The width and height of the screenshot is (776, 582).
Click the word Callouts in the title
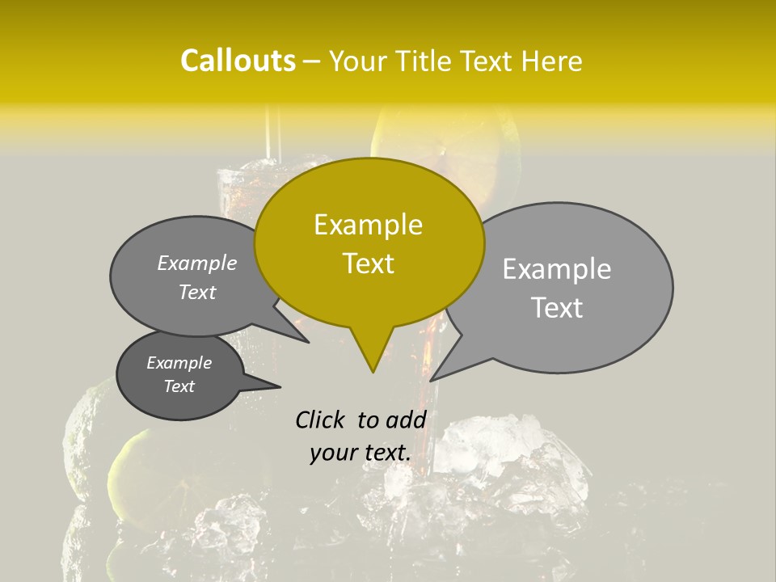click(238, 61)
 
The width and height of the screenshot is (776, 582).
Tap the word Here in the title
click(552, 61)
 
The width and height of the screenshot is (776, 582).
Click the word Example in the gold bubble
click(368, 225)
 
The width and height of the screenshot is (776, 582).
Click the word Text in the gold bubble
click(369, 264)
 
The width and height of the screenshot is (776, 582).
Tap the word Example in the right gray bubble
click(557, 269)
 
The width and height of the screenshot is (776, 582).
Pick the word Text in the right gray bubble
click(557, 308)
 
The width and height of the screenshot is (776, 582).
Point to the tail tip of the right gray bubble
click(431, 380)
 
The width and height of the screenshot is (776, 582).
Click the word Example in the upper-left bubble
click(197, 263)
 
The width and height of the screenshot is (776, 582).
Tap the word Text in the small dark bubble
click(179, 386)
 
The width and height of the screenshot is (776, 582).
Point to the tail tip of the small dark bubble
click(280, 386)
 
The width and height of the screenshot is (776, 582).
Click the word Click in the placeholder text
click(321, 420)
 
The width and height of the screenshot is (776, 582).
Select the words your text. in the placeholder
click(360, 453)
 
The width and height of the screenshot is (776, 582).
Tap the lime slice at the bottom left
click(137, 477)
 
